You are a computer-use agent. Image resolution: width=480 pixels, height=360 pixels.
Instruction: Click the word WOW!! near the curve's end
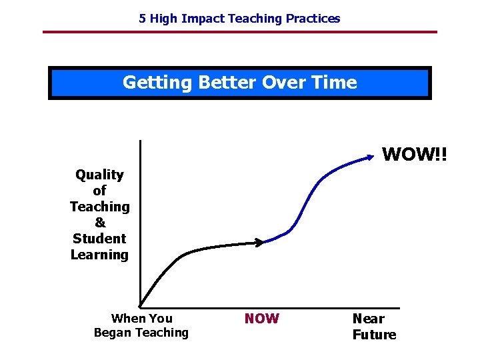(x=415, y=154)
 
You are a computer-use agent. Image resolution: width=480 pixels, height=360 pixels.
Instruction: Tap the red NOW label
(x=261, y=319)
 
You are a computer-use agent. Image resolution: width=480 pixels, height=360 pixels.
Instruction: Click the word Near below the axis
(x=368, y=319)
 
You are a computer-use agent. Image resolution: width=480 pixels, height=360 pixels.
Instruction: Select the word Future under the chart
(x=374, y=335)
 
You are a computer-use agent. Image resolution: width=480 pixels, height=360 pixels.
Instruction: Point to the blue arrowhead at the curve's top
(x=370, y=157)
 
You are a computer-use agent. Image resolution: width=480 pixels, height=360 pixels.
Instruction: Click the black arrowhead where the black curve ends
(x=261, y=243)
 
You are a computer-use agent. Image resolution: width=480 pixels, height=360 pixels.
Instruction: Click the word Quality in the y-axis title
(x=99, y=175)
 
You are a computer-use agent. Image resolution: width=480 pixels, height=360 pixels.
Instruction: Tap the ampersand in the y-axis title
(x=99, y=223)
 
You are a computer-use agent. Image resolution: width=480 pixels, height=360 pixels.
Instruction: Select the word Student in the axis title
(x=99, y=239)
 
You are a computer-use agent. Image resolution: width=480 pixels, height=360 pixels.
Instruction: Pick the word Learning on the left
(x=99, y=255)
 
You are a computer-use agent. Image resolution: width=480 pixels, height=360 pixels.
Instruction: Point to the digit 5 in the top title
(x=142, y=19)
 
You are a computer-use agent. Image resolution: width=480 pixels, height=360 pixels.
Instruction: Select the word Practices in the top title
(x=313, y=19)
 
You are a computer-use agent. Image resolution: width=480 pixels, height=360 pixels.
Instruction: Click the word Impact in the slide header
(x=203, y=19)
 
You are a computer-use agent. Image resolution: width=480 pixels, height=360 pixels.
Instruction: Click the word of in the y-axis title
(x=99, y=191)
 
